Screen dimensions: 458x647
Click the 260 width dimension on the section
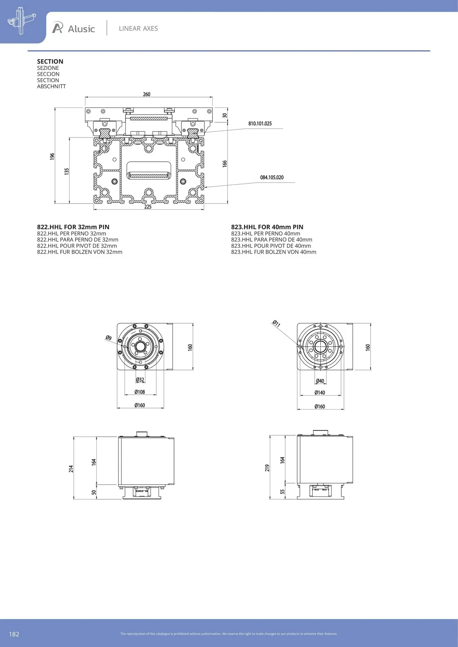147,94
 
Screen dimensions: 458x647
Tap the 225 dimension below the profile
148,207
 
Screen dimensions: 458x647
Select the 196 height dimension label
52,156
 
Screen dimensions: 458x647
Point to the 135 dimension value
67,171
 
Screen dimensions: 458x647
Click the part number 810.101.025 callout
260,124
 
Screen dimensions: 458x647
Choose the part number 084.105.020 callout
272,178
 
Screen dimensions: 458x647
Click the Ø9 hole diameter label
108,338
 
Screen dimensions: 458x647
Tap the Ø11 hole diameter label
276,324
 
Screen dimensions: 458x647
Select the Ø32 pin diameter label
140,380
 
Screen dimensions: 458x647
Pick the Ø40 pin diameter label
320,381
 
